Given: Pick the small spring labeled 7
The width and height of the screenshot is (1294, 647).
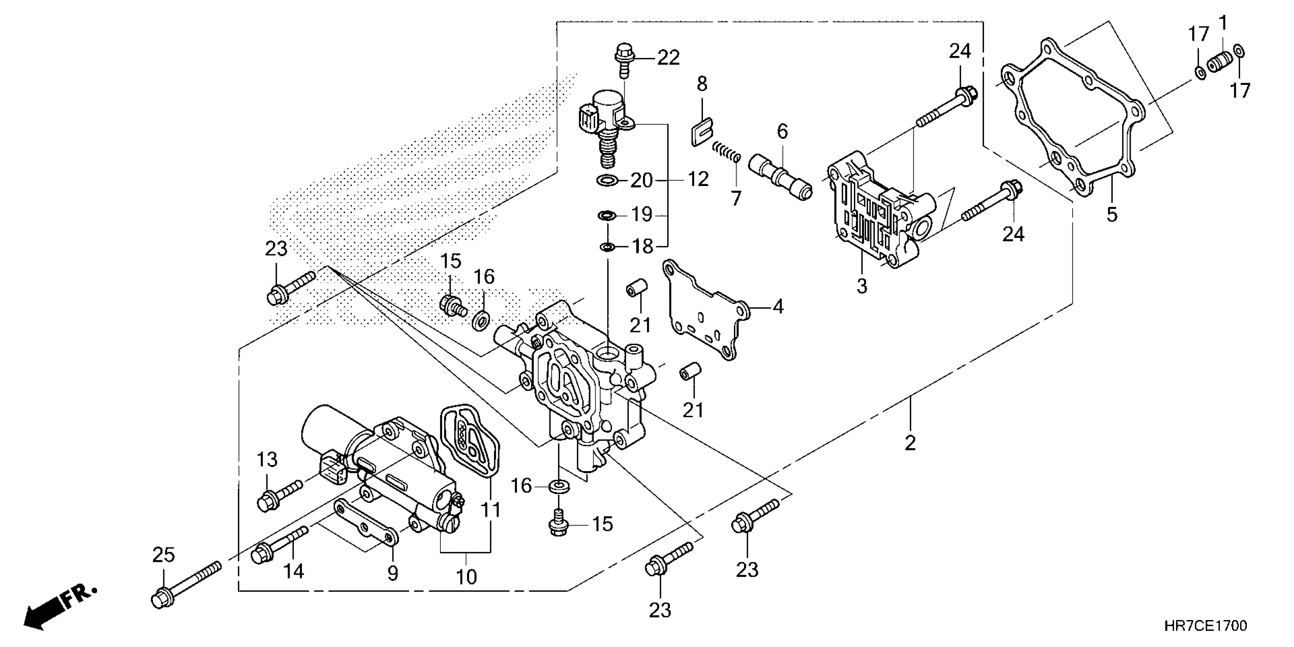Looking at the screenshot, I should click(x=726, y=151).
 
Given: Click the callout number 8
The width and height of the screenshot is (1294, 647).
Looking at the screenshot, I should click(x=702, y=84).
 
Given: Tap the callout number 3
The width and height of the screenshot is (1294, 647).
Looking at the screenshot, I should click(x=862, y=287).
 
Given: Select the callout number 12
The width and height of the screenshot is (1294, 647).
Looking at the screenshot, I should click(x=698, y=179).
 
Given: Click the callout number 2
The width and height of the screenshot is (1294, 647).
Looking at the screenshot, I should click(x=910, y=443).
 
